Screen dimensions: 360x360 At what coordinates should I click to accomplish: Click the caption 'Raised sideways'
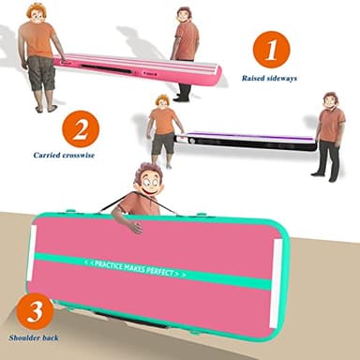point(269,79)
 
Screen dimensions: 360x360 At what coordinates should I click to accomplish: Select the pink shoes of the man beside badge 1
point(184,97)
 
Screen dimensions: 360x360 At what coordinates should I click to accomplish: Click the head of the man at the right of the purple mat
point(329,100)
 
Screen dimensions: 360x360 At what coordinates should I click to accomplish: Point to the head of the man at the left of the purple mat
point(163,100)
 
